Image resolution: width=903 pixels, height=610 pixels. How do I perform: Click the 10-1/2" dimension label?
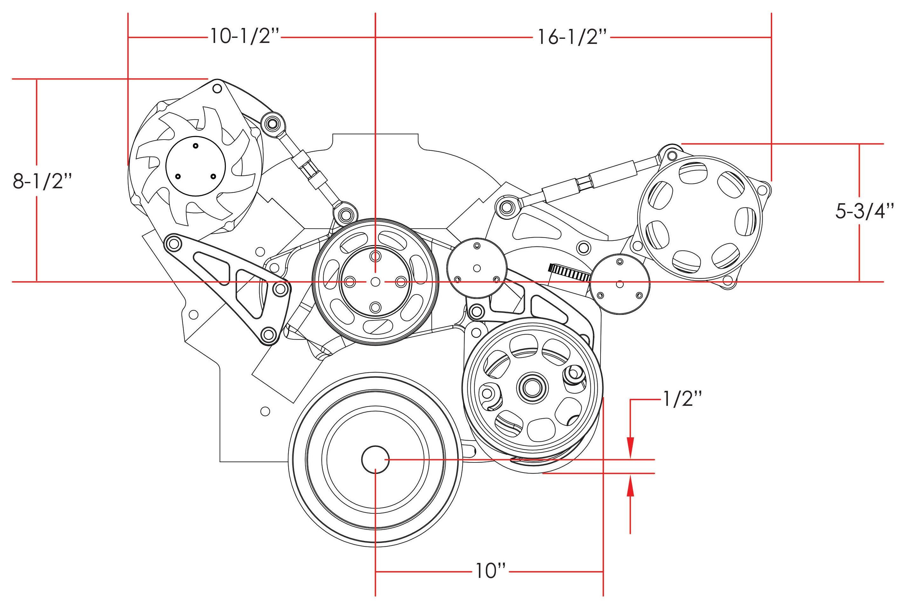[245, 37]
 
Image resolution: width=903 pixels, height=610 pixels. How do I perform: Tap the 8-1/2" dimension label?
[42, 181]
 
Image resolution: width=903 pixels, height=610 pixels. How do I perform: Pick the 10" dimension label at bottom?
[490, 571]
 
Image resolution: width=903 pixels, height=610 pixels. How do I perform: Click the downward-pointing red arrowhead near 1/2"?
[630, 448]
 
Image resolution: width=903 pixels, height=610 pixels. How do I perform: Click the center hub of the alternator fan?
[195, 166]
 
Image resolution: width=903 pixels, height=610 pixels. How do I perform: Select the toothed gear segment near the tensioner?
[569, 272]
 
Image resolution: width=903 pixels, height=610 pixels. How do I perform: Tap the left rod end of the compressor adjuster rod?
[506, 207]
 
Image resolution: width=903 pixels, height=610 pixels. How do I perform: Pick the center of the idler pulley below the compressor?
[620, 284]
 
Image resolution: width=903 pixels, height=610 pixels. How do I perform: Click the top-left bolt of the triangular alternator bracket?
[173, 244]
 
